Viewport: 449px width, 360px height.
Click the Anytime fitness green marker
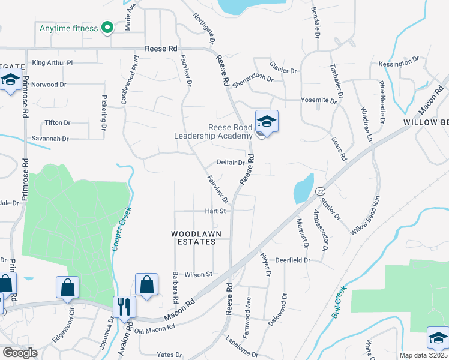(x=108, y=28)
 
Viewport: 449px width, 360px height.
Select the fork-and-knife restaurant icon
(x=124, y=307)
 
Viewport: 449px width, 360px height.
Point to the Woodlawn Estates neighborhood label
(x=193, y=238)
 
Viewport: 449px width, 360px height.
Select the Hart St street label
(x=215, y=211)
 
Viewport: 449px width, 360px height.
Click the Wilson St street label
(x=199, y=274)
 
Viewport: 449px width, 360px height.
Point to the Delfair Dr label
(x=231, y=163)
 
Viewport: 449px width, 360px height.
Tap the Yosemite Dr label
(x=318, y=100)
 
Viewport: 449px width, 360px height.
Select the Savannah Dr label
(x=52, y=139)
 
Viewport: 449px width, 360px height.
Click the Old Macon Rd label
(x=155, y=328)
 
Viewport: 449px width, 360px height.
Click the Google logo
(x=20, y=353)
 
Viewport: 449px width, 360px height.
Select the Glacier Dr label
(x=283, y=71)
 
